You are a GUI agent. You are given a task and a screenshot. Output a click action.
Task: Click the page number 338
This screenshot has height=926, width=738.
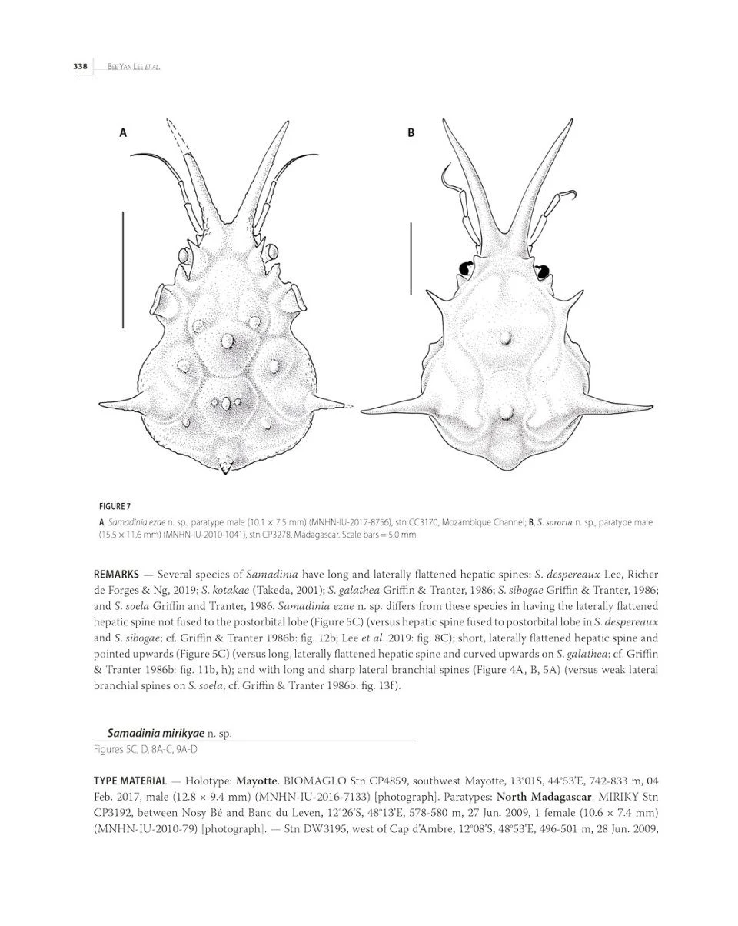tap(80, 67)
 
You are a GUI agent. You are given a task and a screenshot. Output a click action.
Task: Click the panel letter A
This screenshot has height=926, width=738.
tap(123, 133)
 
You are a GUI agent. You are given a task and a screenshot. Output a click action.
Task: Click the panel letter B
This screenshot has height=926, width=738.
tap(411, 133)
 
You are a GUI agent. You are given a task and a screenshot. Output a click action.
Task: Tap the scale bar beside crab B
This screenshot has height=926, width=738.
tap(411, 258)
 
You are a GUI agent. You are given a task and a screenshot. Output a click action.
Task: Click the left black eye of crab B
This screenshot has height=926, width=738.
tap(466, 268)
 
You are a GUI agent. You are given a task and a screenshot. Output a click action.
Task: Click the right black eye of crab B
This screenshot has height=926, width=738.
tap(543, 271)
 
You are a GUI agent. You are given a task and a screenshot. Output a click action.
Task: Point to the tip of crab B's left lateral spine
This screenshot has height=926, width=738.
tap(364, 413)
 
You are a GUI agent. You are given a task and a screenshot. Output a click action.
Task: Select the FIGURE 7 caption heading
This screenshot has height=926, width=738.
tap(115, 506)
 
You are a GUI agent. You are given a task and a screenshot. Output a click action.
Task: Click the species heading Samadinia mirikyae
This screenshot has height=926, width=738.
tap(155, 734)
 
